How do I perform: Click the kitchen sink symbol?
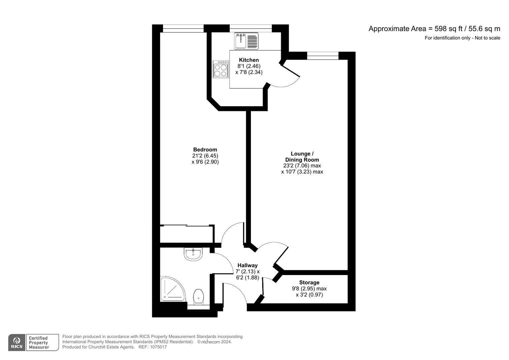(x=246, y=41)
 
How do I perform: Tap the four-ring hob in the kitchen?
(x=220, y=69)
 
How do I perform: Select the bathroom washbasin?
(x=193, y=254)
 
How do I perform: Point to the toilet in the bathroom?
(x=199, y=297)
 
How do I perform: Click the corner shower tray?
(x=173, y=289)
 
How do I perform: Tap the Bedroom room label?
(x=205, y=150)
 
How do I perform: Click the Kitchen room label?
(x=249, y=60)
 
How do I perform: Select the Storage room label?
(x=309, y=283)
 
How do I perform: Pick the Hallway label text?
(x=247, y=265)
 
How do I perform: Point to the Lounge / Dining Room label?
(x=302, y=157)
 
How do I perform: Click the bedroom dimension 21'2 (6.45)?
(x=205, y=156)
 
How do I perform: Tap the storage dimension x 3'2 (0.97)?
(x=309, y=295)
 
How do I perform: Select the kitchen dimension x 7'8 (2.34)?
(x=249, y=72)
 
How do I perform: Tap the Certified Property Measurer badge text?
(x=39, y=343)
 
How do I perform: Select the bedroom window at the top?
(x=183, y=29)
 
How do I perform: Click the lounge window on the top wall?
(x=323, y=56)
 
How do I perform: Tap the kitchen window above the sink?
(x=251, y=28)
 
